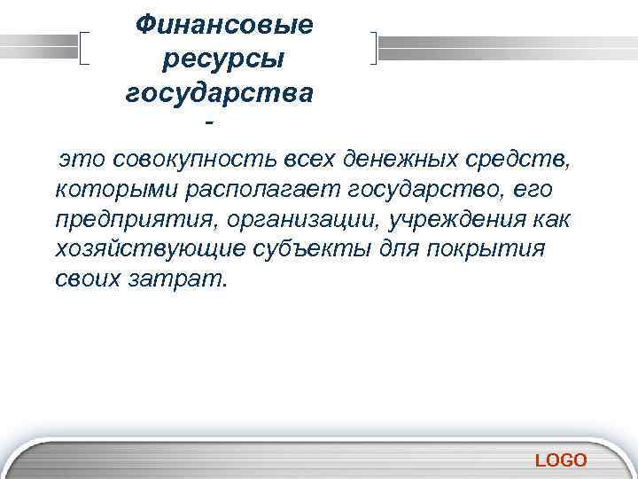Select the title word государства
[x=219, y=92]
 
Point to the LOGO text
[x=561, y=459]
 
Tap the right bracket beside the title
[x=376, y=48]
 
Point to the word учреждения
[x=447, y=219]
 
